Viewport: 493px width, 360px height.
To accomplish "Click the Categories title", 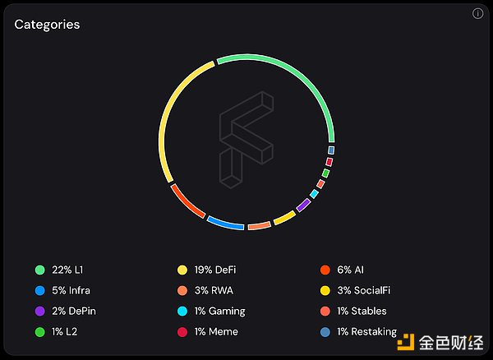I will [x=47, y=25].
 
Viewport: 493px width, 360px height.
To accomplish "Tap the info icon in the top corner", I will [x=478, y=14].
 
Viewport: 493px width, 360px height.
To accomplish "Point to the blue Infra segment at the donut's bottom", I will [x=225, y=222].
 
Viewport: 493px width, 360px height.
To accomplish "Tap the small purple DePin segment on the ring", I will [x=303, y=204].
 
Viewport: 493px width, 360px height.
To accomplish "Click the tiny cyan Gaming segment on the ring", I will [x=314, y=194].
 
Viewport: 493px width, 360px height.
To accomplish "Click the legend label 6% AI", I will [x=350, y=270].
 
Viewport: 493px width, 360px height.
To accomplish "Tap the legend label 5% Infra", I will [x=70, y=290].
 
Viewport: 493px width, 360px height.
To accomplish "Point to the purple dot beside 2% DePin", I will [x=39, y=311].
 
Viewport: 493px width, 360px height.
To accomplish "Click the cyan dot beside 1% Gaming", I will [x=182, y=311].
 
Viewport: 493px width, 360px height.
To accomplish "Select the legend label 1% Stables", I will [x=362, y=311].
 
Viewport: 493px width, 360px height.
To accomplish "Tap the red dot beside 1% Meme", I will [x=182, y=331].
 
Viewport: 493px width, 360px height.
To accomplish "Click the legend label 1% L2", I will [x=63, y=331].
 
